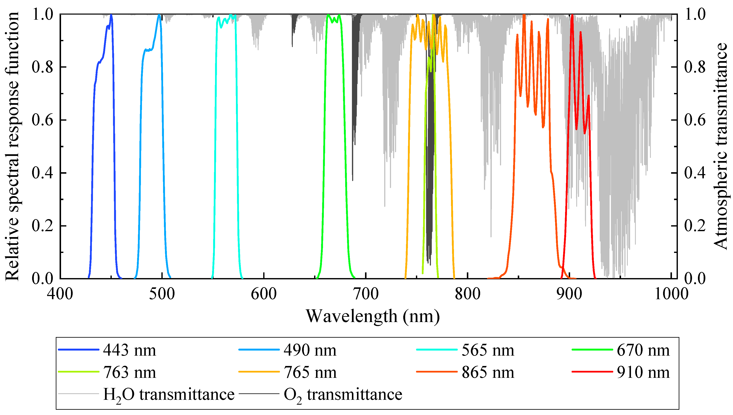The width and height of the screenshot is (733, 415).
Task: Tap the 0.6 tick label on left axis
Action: tap(42, 120)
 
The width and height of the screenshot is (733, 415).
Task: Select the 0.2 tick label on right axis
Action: tap(695, 226)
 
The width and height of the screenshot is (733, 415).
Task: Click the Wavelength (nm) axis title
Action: tap(373, 316)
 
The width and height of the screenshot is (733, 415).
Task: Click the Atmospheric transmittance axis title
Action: tap(721, 146)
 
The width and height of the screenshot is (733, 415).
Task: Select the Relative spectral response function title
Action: tap(12, 146)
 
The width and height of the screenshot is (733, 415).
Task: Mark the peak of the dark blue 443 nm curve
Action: tap(111, 15)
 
